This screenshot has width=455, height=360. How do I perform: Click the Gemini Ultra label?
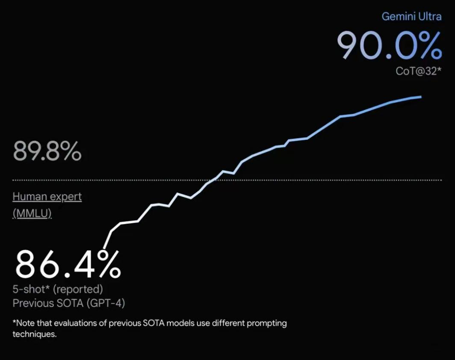[411, 16]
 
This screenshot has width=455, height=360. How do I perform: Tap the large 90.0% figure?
[389, 46]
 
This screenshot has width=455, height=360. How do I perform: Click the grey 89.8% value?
[47, 151]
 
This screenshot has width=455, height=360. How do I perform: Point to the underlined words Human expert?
[47, 197]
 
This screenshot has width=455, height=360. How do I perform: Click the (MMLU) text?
[32, 213]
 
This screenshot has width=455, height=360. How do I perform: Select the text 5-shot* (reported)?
[58, 289]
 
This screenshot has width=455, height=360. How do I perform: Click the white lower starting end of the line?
[105, 247]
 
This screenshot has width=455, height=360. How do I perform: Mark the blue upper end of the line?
[421, 97]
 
